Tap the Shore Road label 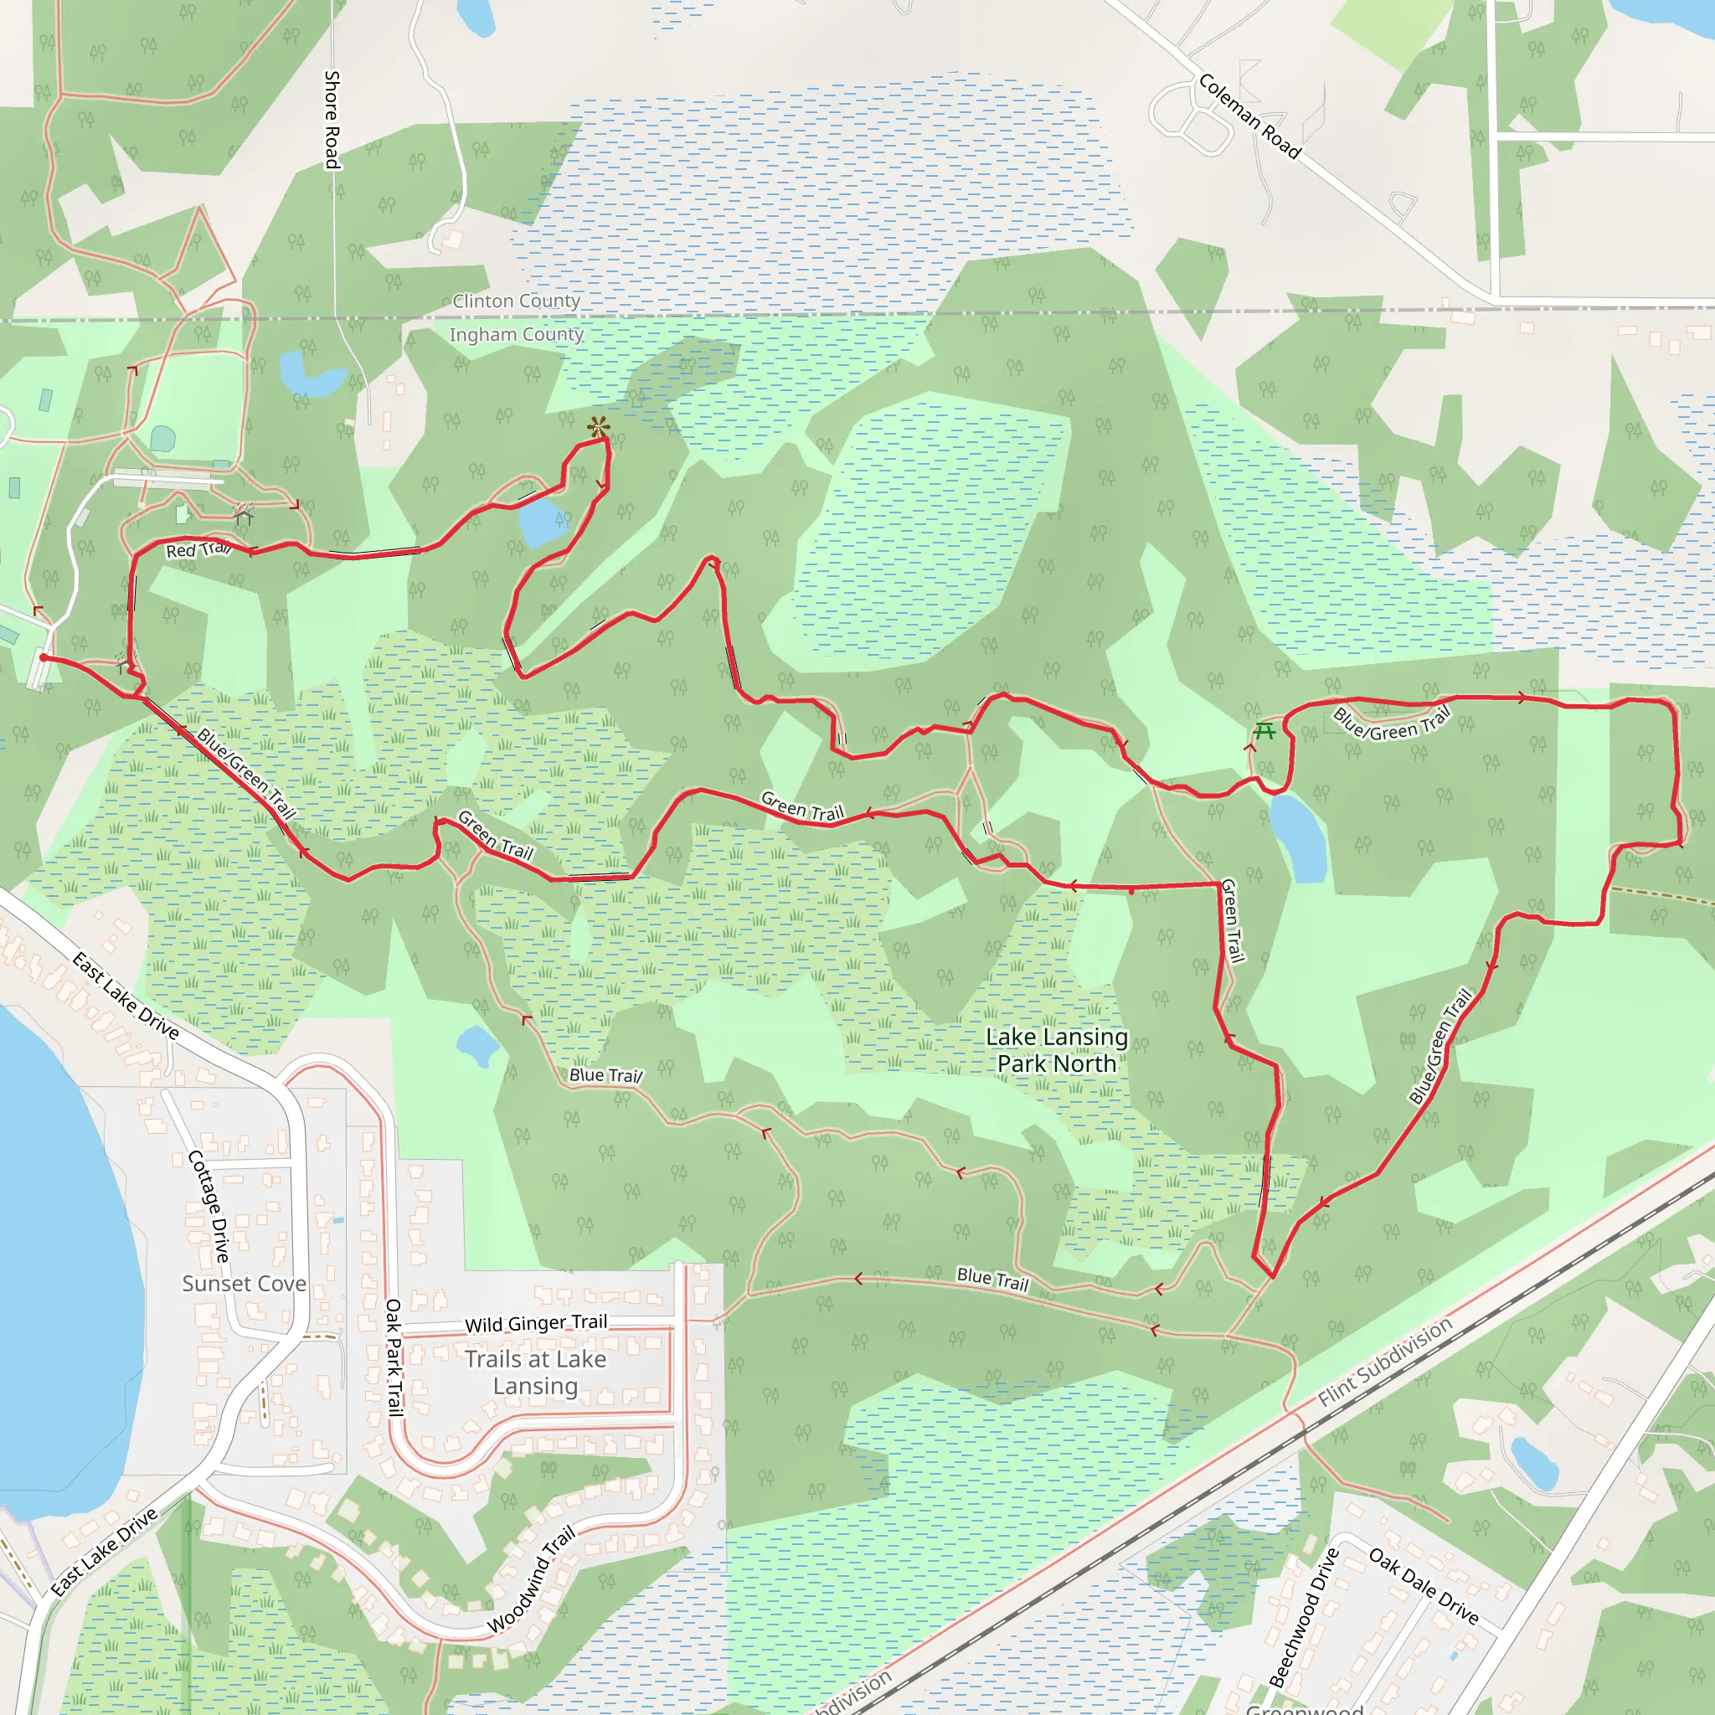[331, 120]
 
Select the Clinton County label [516, 301]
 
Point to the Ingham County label [516, 335]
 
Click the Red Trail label [198, 549]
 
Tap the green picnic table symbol [1264, 730]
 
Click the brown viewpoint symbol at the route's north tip [598, 427]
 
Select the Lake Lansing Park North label [1056, 1050]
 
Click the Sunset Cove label [245, 1284]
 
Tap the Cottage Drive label [209, 1206]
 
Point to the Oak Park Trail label [394, 1357]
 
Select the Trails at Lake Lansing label [535, 1373]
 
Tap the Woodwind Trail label [532, 1579]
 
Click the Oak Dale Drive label [1424, 1585]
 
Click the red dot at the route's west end [44, 657]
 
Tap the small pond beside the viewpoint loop [543, 522]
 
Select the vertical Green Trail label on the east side [1233, 920]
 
